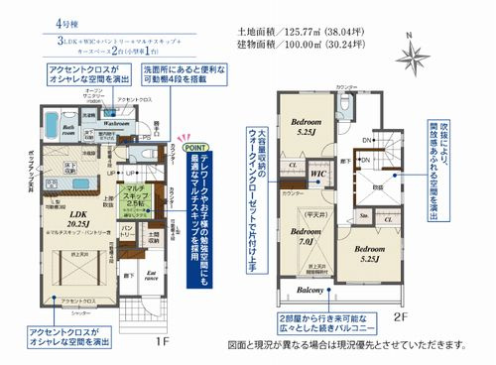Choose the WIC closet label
[x=319, y=175]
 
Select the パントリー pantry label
[x=127, y=232]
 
